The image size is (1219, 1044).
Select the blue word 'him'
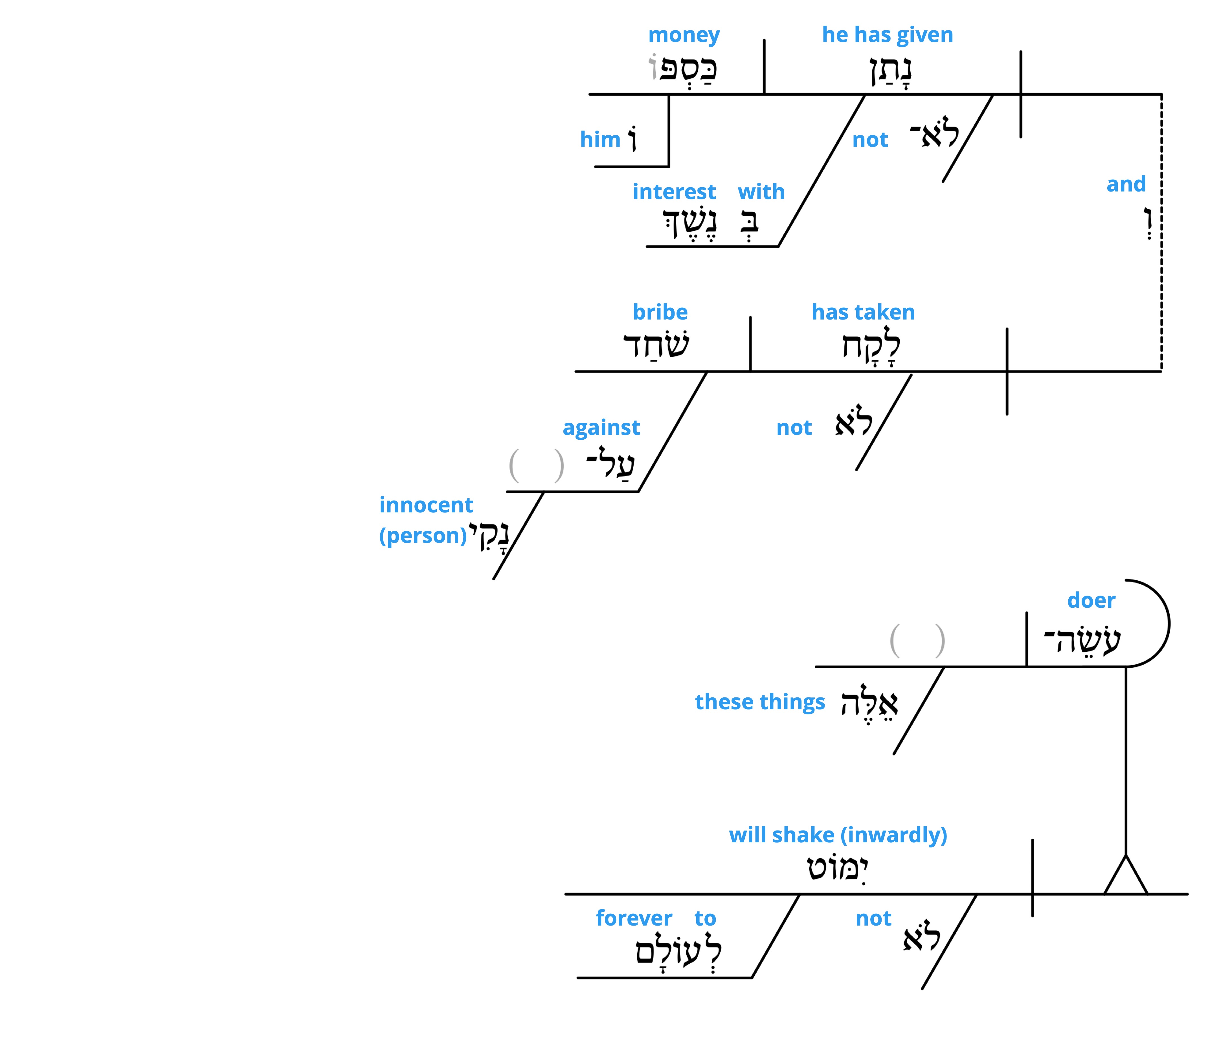click(x=600, y=139)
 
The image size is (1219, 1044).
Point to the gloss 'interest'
click(x=674, y=192)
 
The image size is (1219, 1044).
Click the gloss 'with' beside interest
click(x=761, y=192)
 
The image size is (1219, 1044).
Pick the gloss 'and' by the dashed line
click(x=1126, y=184)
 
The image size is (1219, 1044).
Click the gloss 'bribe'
click(x=660, y=312)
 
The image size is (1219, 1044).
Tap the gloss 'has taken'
click(x=863, y=312)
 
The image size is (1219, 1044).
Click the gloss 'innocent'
click(x=426, y=505)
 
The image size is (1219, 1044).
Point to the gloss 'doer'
click(x=1091, y=600)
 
